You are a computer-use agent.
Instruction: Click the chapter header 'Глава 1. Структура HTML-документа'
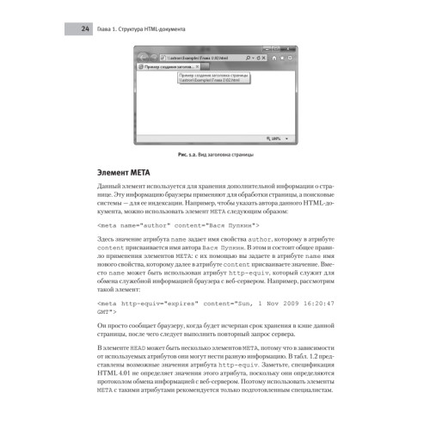(x=142, y=29)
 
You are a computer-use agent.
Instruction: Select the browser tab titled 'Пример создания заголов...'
(x=169, y=66)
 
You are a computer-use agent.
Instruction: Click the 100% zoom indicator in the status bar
(x=280, y=135)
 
